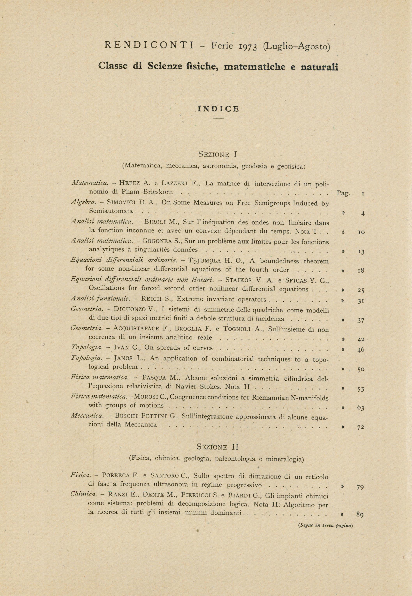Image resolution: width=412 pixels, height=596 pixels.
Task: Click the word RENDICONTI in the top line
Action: (x=149, y=45)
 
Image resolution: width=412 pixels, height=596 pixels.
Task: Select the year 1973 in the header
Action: (x=248, y=47)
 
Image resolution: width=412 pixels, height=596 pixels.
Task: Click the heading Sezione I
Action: (x=218, y=154)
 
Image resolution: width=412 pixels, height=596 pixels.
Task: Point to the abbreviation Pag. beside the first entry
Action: (x=343, y=193)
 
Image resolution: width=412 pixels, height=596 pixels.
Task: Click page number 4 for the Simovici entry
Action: (x=363, y=214)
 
